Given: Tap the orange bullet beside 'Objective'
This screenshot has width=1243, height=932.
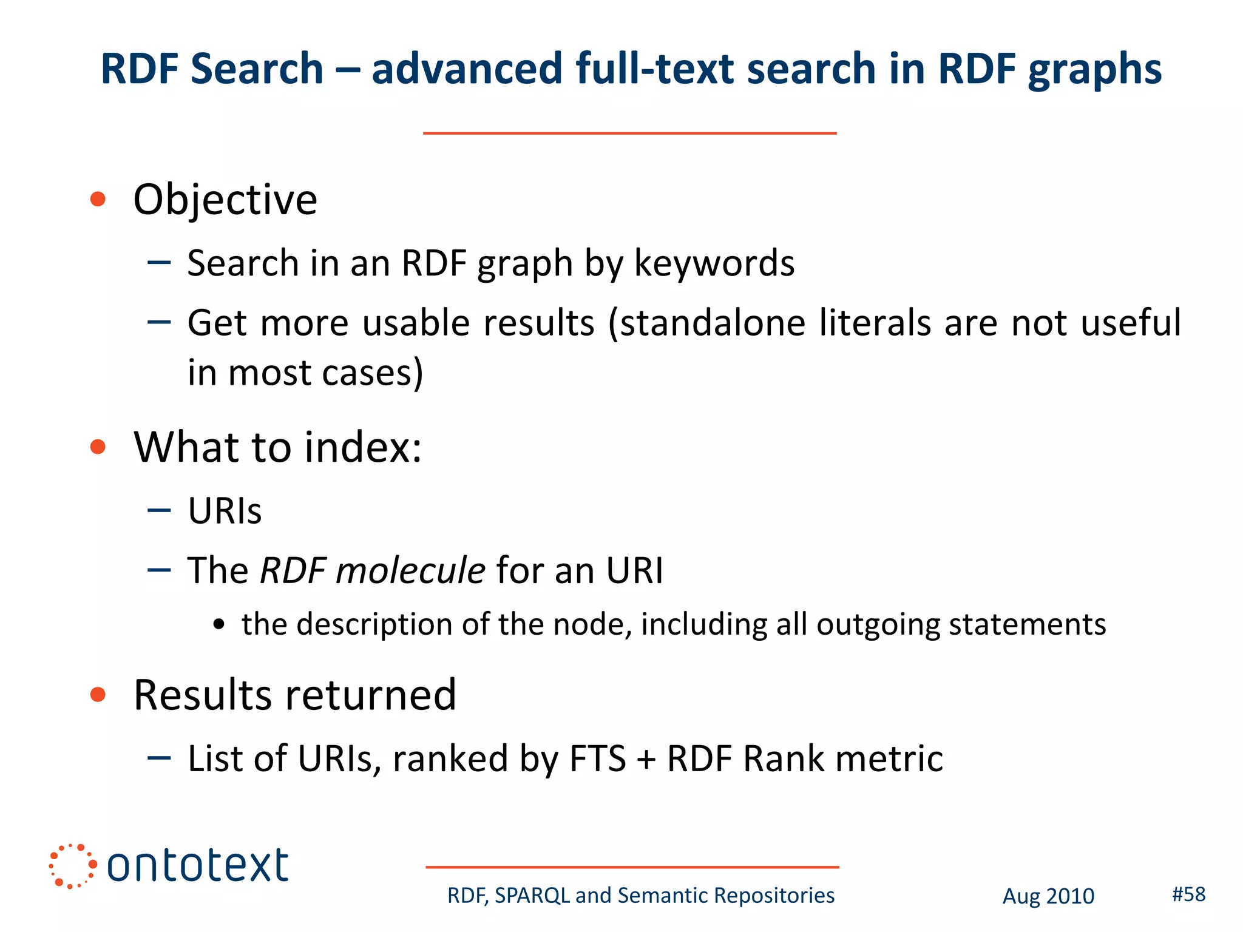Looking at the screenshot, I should tap(98, 199).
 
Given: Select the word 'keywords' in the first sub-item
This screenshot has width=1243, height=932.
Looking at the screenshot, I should tap(714, 263).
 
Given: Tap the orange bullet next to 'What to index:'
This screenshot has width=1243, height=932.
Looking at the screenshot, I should tap(98, 447).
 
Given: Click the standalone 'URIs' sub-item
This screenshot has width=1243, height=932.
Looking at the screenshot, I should tap(225, 511).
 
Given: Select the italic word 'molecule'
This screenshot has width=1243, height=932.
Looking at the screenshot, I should tap(410, 570).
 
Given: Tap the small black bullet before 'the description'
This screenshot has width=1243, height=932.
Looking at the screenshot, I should tap(219, 624).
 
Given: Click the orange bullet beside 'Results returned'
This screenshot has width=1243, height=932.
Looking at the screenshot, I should tap(98, 694).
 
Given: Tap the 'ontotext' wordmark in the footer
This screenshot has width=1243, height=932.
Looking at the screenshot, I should tap(198, 866).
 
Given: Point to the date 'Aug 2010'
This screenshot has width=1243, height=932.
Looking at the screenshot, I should tap(1048, 896).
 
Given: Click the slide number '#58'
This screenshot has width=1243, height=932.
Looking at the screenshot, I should tap(1188, 894).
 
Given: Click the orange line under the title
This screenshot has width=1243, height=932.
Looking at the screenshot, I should tap(629, 133).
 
